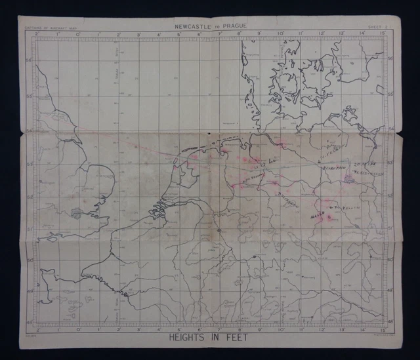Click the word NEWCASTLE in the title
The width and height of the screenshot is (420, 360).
tap(194, 26)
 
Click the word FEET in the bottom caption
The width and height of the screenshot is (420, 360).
tap(243, 340)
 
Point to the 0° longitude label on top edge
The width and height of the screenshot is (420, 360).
tap(77, 34)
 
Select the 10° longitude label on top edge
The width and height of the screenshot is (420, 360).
tap(280, 34)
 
